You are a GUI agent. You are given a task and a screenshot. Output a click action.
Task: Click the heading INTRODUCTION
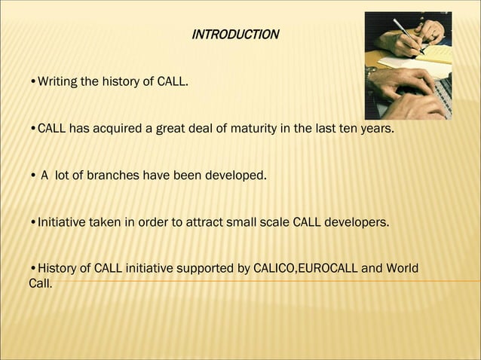point(235,35)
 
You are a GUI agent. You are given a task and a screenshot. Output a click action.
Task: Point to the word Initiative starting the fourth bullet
point(61,223)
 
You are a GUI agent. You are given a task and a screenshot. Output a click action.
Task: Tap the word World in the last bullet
point(400,270)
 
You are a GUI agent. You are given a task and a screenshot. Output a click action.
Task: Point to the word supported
point(204,270)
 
